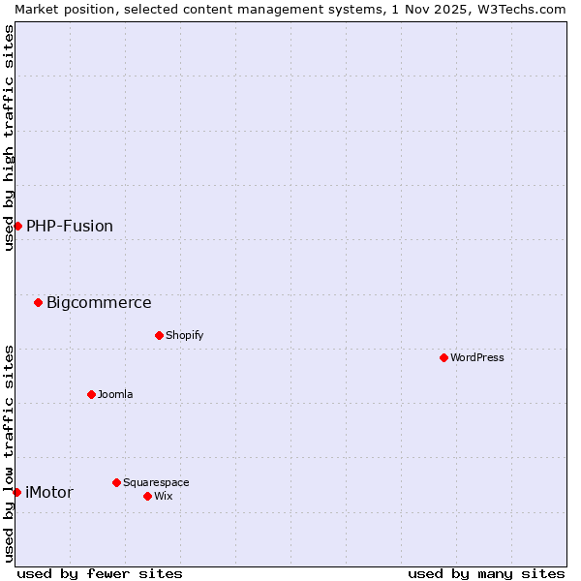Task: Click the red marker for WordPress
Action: tap(443, 357)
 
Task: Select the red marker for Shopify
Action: tap(159, 335)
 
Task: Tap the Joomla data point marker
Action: tap(91, 394)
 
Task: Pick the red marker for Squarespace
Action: tap(116, 482)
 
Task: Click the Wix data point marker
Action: tap(147, 496)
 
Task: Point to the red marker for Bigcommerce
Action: tap(38, 302)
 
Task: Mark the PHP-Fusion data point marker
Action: tap(17, 226)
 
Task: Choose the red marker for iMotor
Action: tap(16, 492)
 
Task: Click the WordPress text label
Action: tap(477, 357)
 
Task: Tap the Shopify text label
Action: tap(185, 335)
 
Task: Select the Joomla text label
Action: tap(115, 394)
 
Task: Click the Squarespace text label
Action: tap(156, 482)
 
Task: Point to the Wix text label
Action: tap(164, 496)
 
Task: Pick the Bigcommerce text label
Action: tap(99, 302)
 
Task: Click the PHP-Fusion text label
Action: tap(70, 226)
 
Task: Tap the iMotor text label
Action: tap(49, 492)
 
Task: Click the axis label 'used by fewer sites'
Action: tap(100, 573)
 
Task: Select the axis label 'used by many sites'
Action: tap(486, 573)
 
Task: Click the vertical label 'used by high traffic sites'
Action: tap(9, 138)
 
